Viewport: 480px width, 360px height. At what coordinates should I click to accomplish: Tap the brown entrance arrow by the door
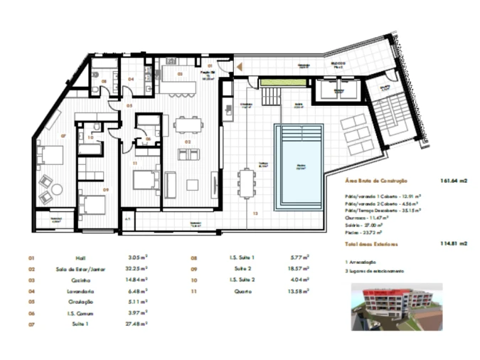240,66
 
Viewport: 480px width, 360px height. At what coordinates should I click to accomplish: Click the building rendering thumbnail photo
396,307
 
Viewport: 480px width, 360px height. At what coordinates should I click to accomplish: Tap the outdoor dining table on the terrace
247,183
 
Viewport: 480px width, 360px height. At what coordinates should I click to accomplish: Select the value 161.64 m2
453,181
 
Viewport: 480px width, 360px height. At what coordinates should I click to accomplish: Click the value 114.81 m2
453,244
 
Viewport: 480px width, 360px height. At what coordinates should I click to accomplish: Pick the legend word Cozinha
80,280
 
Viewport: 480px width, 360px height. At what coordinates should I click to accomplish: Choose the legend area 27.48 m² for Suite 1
136,324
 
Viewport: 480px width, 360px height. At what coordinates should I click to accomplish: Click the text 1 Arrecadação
361,262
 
